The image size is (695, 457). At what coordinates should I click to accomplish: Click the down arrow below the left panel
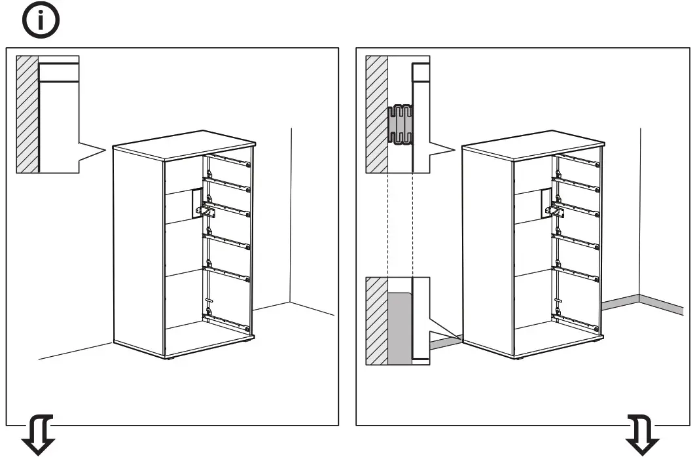pos(39,435)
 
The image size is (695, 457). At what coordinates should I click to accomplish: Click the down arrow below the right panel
pos(643,435)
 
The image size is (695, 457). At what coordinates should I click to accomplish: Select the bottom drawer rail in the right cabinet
pos(577,321)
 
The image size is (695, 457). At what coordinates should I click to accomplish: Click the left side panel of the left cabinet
pos(137,249)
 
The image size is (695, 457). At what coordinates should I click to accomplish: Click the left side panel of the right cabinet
pos(487,249)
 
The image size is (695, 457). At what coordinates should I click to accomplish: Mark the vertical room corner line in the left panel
pos(291,216)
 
